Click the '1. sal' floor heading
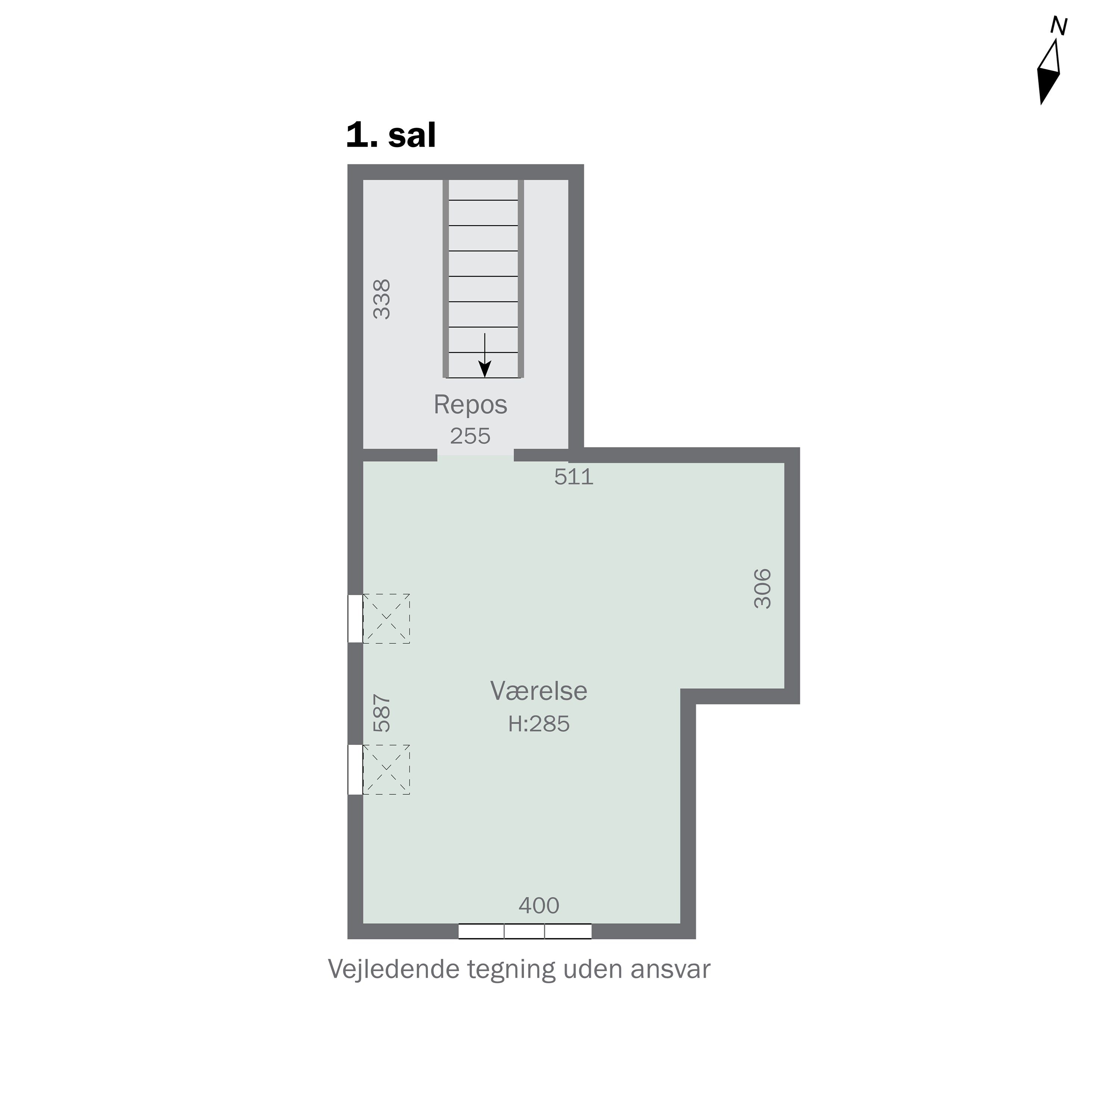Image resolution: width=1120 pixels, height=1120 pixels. click(391, 135)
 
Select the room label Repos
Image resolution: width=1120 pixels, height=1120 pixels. click(470, 405)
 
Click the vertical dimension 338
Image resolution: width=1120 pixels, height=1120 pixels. click(382, 299)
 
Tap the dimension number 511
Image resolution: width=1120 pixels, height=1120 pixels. click(574, 476)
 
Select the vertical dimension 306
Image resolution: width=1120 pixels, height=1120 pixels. click(762, 588)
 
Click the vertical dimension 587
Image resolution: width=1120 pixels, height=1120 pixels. click(382, 713)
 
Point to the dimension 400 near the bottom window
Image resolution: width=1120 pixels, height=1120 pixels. click(539, 905)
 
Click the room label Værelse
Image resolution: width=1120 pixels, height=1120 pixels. click(539, 690)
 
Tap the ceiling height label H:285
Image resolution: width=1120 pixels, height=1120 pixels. click(539, 724)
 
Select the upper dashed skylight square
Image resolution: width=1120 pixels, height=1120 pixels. click(386, 619)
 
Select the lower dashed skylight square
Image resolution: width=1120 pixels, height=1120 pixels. click(386, 769)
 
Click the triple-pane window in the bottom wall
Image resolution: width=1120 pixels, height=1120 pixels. click(525, 947)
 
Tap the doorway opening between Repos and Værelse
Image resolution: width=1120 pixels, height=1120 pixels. click(475, 455)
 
